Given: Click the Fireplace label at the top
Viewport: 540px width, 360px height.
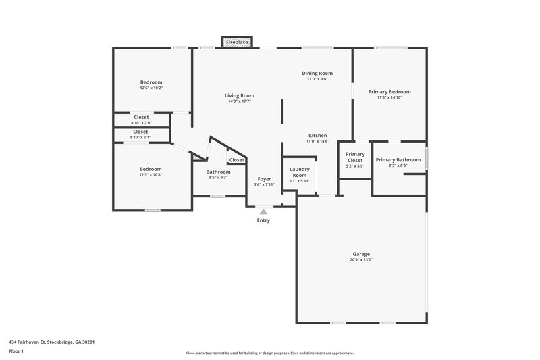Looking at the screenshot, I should (x=236, y=42).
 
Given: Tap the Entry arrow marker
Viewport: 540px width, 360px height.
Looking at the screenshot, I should (x=263, y=212).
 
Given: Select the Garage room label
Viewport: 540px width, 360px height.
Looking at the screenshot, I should (x=361, y=254).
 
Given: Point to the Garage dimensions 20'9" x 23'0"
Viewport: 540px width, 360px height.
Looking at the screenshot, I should (x=361, y=260).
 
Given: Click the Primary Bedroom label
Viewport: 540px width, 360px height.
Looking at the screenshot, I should (x=389, y=91).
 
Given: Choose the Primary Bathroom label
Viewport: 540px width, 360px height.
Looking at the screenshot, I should (x=398, y=160).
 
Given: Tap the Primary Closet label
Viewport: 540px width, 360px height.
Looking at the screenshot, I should (x=355, y=157).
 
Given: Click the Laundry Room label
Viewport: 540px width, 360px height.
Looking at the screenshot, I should (x=299, y=172).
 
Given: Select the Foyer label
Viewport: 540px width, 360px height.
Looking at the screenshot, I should (x=263, y=179).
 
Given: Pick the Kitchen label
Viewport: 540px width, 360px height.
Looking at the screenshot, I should (x=317, y=135).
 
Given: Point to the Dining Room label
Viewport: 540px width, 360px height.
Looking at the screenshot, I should (x=317, y=73).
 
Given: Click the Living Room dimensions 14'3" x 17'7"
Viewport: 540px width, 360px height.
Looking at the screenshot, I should (x=240, y=101).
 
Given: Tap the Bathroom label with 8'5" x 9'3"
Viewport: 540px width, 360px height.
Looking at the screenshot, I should (x=218, y=172).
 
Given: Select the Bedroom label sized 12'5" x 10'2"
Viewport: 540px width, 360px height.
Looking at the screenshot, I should (x=151, y=82).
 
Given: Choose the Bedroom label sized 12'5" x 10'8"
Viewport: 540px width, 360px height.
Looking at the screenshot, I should (x=151, y=169).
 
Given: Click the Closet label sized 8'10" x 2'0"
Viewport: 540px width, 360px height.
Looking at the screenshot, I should (x=141, y=117).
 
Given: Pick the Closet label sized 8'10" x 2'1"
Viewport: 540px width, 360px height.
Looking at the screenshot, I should (x=140, y=132).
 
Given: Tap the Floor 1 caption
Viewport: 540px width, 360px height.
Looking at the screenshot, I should (x=16, y=352).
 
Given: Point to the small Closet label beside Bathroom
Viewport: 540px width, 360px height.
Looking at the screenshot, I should (x=237, y=160).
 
